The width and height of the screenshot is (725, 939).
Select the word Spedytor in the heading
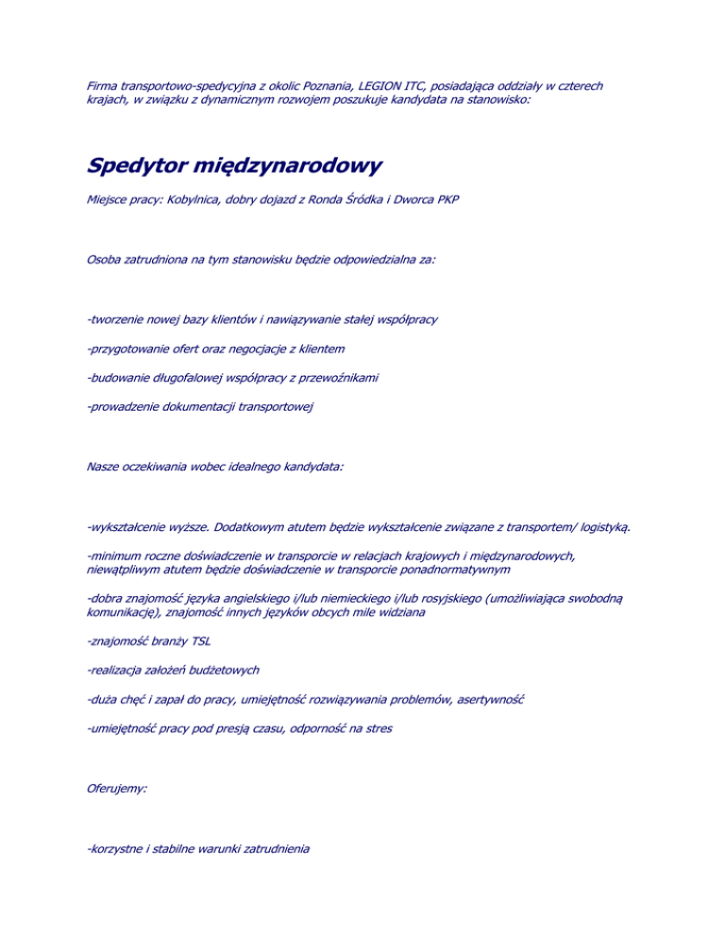coord(135,167)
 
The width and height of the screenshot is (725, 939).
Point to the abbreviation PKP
coord(447,202)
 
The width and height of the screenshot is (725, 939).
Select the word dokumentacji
coord(197,407)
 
